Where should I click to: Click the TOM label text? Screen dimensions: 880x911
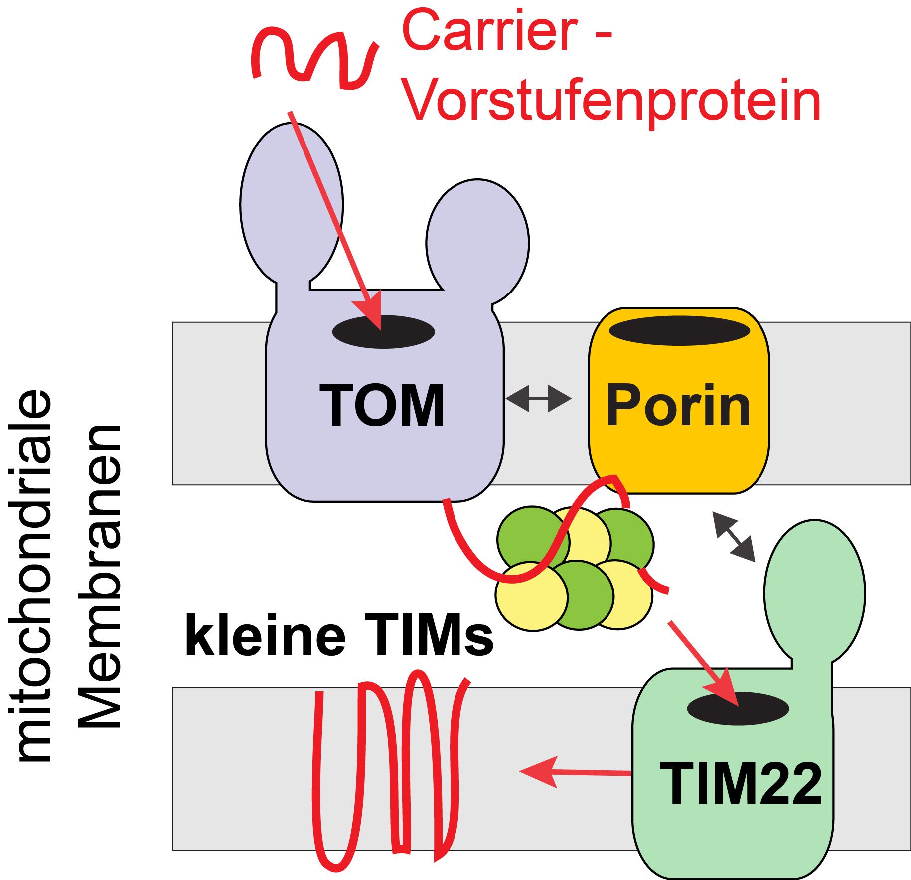382,405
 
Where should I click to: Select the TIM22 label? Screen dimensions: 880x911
740,784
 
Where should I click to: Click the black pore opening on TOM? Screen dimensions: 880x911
383,332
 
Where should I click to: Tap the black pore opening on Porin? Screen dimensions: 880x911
679,330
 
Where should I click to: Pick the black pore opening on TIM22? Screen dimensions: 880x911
738,708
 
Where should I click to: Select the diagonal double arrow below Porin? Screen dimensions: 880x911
734,537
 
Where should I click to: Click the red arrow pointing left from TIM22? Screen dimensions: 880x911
573,772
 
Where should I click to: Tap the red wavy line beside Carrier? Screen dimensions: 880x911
314,57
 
